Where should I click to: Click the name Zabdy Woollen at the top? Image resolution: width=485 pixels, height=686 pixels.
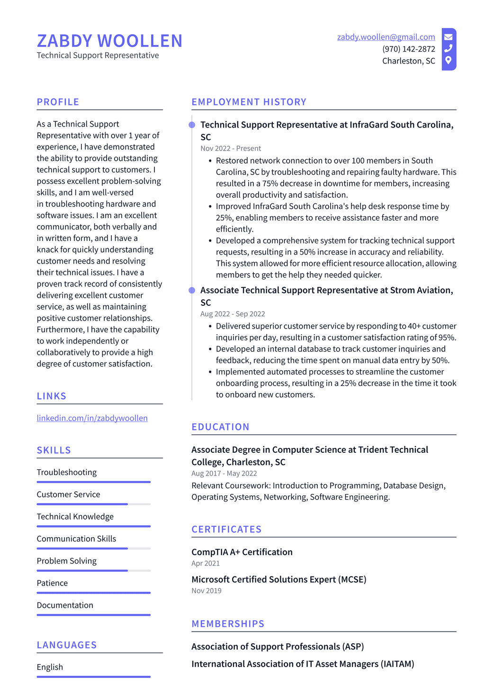point(109,41)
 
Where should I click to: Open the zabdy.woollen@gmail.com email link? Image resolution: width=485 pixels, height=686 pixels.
point(386,37)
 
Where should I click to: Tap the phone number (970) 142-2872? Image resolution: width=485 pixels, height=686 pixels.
point(408,49)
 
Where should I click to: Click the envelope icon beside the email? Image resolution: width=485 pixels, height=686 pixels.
point(448,37)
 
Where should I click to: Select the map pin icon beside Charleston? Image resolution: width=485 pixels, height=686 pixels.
point(448,60)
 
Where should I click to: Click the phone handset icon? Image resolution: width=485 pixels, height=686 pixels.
point(448,48)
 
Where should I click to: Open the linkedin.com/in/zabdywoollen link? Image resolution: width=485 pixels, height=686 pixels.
point(92,418)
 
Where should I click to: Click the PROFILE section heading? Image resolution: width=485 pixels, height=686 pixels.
point(58,102)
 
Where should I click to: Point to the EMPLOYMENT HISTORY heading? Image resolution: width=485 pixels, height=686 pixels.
point(249,102)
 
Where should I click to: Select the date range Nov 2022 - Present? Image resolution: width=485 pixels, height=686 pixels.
point(230,148)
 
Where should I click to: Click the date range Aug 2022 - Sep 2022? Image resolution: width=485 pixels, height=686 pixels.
point(232,314)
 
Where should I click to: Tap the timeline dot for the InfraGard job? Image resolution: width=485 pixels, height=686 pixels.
point(192,125)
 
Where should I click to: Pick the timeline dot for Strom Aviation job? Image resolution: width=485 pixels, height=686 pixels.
point(192,290)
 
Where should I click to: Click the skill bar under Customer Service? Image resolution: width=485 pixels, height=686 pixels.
point(93,504)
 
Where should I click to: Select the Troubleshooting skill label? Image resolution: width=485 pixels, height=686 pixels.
point(66,472)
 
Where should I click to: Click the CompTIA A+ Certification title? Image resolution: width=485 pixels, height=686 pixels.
point(242,552)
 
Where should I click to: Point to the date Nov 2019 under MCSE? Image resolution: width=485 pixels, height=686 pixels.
point(206,591)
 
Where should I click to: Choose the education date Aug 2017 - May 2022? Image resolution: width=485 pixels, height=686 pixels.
point(224,473)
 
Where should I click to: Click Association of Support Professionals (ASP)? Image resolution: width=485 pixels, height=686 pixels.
point(277,647)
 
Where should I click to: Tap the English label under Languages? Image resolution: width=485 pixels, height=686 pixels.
point(50,667)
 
